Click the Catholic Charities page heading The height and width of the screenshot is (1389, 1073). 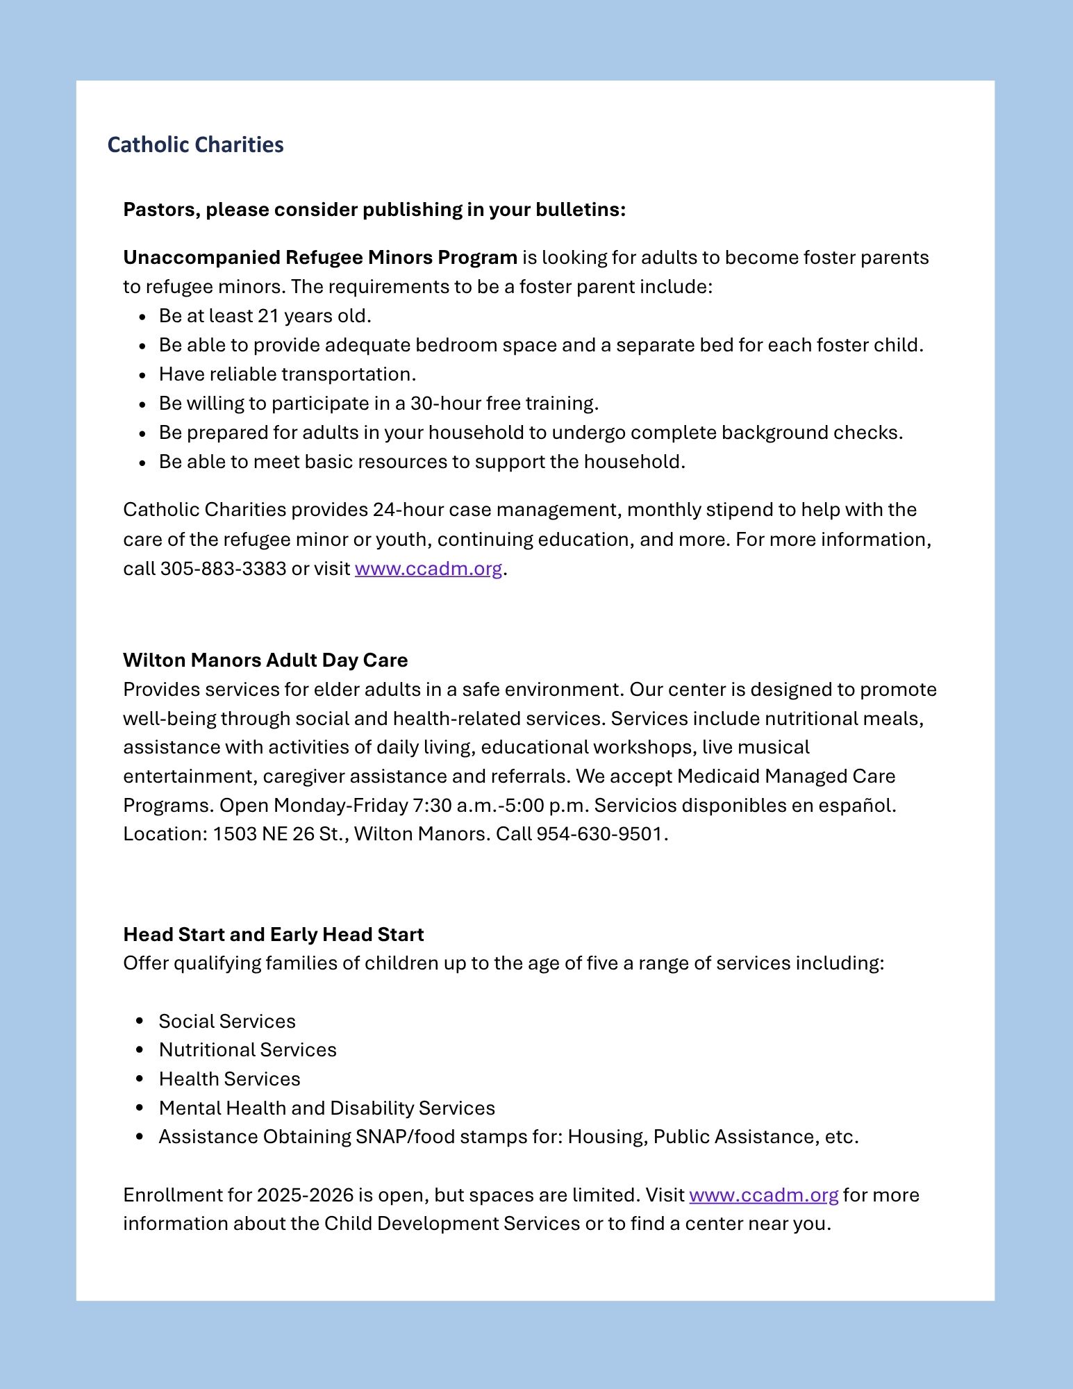pyautogui.click(x=195, y=144)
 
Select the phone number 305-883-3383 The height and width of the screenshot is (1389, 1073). pyautogui.click(x=223, y=569)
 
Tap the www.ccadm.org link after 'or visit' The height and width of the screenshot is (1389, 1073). pyautogui.click(x=428, y=569)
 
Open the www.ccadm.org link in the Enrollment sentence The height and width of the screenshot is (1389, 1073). pyautogui.click(x=763, y=1195)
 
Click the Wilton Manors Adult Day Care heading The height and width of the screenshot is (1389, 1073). pyautogui.click(x=265, y=660)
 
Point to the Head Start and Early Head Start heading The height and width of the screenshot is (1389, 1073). pyautogui.click(x=273, y=934)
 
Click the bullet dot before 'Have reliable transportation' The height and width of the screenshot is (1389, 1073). pyautogui.click(x=142, y=375)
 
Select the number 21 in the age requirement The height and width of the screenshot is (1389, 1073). pyautogui.click(x=268, y=316)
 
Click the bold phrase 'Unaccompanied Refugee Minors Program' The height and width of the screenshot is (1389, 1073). pyautogui.click(x=319, y=258)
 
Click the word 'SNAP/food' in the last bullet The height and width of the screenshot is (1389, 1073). pyautogui.click(x=405, y=1136)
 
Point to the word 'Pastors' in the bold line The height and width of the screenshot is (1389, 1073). pyautogui.click(x=161, y=210)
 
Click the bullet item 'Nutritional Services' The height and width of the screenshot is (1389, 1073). pyautogui.click(x=247, y=1049)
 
